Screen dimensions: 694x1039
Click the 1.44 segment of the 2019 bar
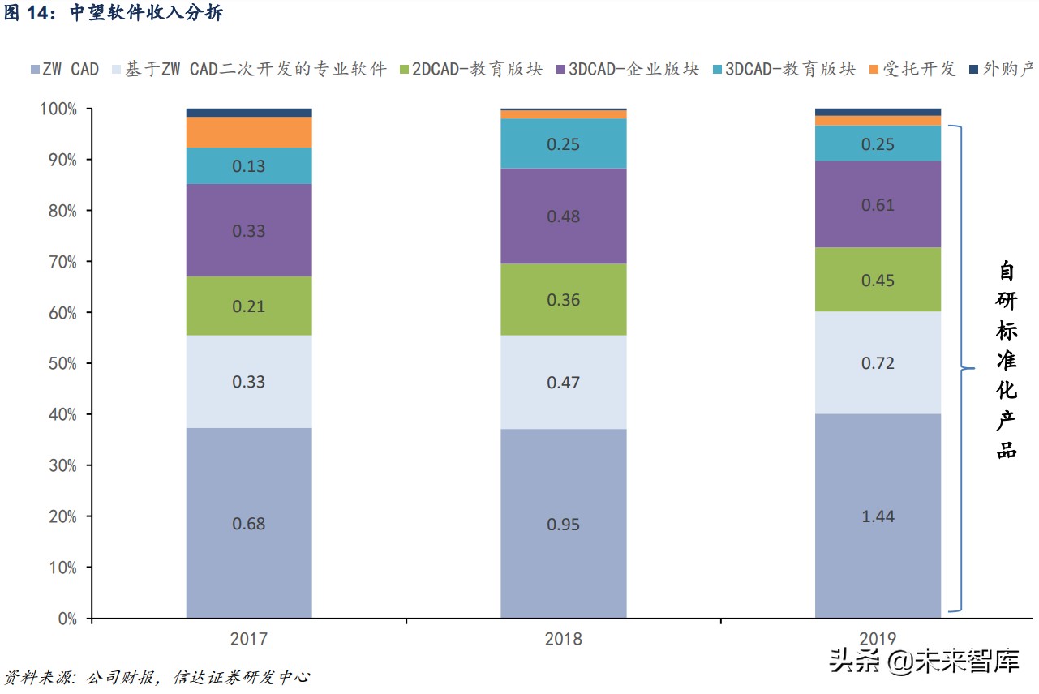click(x=878, y=516)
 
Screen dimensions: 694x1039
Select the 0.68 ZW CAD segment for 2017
click(x=249, y=523)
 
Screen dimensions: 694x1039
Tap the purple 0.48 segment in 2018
click(x=564, y=216)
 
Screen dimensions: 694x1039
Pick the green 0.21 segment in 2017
click(x=249, y=306)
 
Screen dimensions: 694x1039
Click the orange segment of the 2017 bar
click(x=249, y=132)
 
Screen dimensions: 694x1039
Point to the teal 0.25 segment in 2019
click(x=878, y=144)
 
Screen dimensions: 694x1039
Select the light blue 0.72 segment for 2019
click(x=878, y=362)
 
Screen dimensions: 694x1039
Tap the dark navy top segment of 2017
click(x=249, y=113)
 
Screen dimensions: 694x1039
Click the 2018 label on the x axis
click(x=564, y=639)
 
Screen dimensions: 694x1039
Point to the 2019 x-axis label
click(x=878, y=639)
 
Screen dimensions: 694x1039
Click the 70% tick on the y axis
click(x=59, y=262)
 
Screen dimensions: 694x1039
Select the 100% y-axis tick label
click(x=56, y=109)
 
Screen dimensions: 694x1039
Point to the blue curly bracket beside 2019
click(x=961, y=369)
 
